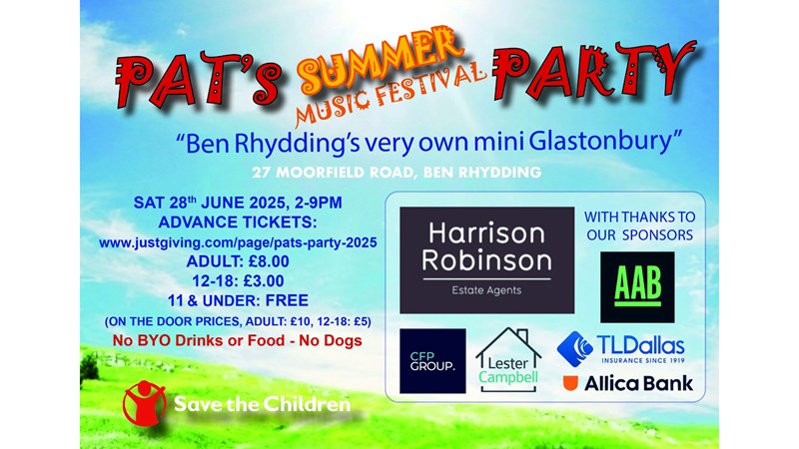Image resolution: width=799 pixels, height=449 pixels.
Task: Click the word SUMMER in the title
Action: (x=380, y=61)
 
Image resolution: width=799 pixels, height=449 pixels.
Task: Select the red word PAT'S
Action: (x=198, y=79)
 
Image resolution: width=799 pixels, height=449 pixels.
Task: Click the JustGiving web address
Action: (x=238, y=242)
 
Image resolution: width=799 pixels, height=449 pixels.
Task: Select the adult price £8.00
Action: (x=269, y=261)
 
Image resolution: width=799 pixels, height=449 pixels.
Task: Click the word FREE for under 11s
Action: (x=287, y=300)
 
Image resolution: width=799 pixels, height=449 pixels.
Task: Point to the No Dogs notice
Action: (x=331, y=340)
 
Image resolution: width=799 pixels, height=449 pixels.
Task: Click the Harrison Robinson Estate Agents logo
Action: (x=486, y=259)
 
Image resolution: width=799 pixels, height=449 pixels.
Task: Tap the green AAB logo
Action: (x=637, y=286)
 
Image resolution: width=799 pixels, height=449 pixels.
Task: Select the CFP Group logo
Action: (x=432, y=361)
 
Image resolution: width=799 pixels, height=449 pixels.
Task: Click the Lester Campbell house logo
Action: (x=508, y=360)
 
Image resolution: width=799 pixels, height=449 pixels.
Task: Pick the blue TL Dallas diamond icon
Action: (x=575, y=348)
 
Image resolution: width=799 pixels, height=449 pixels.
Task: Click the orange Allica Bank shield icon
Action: (x=570, y=383)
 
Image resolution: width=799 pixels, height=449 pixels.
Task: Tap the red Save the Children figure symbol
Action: (x=144, y=402)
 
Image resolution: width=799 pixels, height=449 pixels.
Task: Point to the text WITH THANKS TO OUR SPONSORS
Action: (x=639, y=225)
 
